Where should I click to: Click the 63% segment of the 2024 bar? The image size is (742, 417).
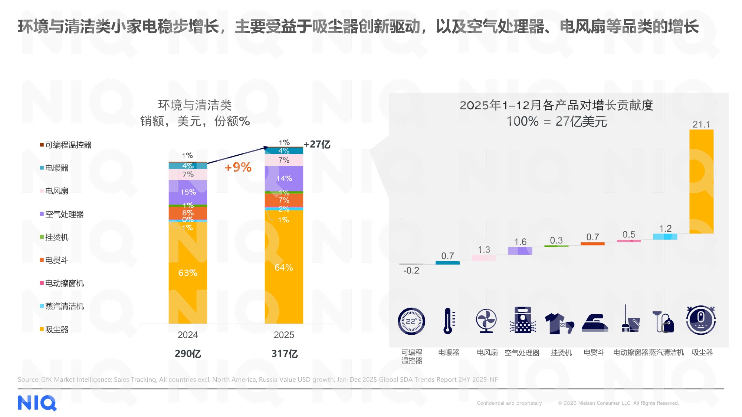[188, 273]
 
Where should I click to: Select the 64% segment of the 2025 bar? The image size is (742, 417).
[284, 267]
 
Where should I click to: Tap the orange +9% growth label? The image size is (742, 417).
[238, 167]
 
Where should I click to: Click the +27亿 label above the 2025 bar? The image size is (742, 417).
[317, 144]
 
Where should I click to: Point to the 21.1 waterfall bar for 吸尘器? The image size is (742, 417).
[701, 182]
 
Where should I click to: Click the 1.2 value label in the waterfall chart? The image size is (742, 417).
[665, 228]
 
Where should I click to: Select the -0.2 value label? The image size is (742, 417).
[411, 271]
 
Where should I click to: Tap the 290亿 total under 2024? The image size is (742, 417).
[188, 354]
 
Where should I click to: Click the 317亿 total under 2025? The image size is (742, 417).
[284, 354]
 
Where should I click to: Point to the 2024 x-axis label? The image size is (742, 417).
[188, 335]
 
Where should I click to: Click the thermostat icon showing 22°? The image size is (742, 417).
[411, 321]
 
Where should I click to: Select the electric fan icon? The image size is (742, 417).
[486, 321]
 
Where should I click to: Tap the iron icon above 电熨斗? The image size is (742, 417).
[595, 322]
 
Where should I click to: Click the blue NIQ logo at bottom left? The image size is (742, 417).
[37, 403]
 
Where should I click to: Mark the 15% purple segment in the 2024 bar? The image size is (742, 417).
[188, 192]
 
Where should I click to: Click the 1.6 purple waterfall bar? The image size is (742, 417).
[520, 251]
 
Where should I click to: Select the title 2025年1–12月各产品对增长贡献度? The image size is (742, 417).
[556, 105]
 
